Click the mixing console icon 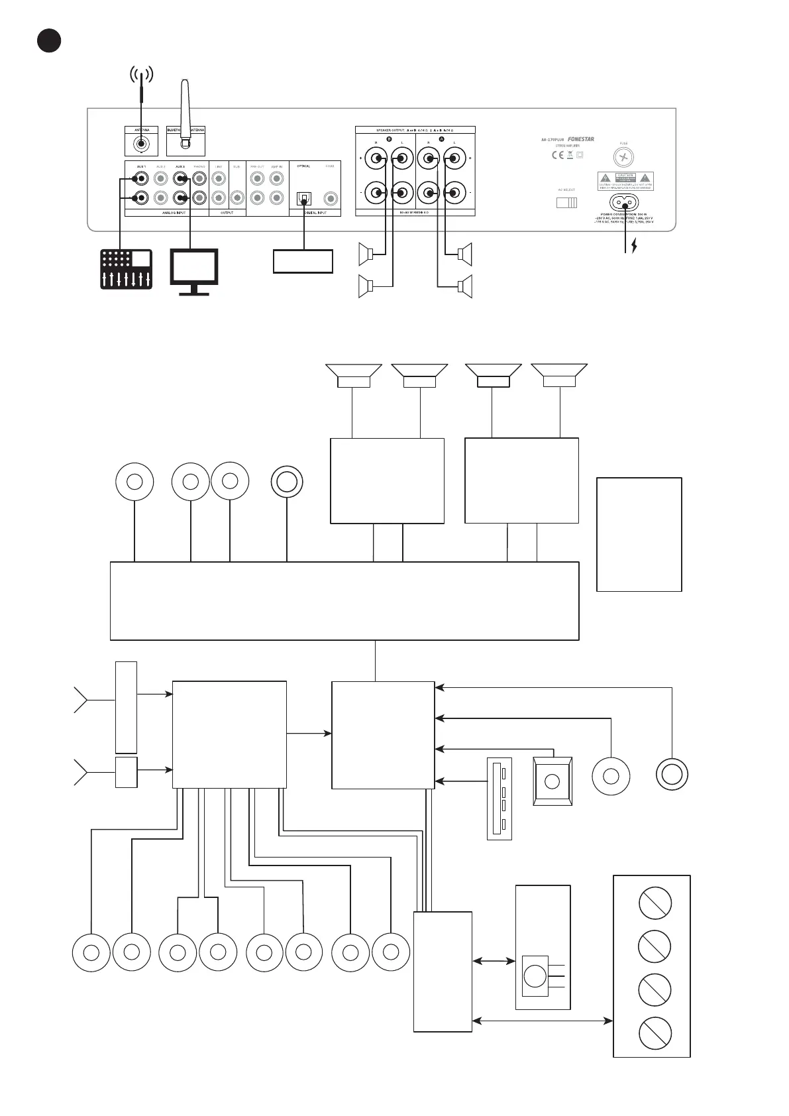126,269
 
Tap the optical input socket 304,198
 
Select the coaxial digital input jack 329,198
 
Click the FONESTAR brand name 581,140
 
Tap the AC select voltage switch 566,202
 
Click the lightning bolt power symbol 634,247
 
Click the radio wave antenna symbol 141,76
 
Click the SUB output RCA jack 237,197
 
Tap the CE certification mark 558,155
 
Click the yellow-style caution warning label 626,180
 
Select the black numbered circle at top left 48,40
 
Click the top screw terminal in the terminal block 655,903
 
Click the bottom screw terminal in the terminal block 655,1033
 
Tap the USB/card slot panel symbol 499,799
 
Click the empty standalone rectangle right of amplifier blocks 639,534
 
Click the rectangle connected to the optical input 303,261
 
